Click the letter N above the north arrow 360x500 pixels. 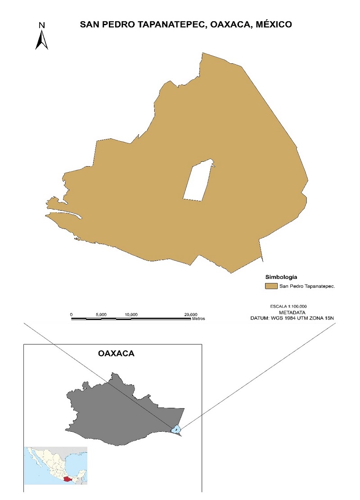[x=41, y=25]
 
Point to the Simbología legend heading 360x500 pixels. [x=281, y=277]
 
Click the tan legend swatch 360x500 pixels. [x=271, y=286]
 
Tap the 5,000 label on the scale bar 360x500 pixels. [x=101, y=314]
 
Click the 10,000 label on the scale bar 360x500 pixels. [x=131, y=314]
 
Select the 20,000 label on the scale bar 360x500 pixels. [x=191, y=314]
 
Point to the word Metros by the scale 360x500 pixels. [x=198, y=318]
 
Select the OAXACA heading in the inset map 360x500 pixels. [x=116, y=354]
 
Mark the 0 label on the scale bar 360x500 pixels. [x=72, y=314]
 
